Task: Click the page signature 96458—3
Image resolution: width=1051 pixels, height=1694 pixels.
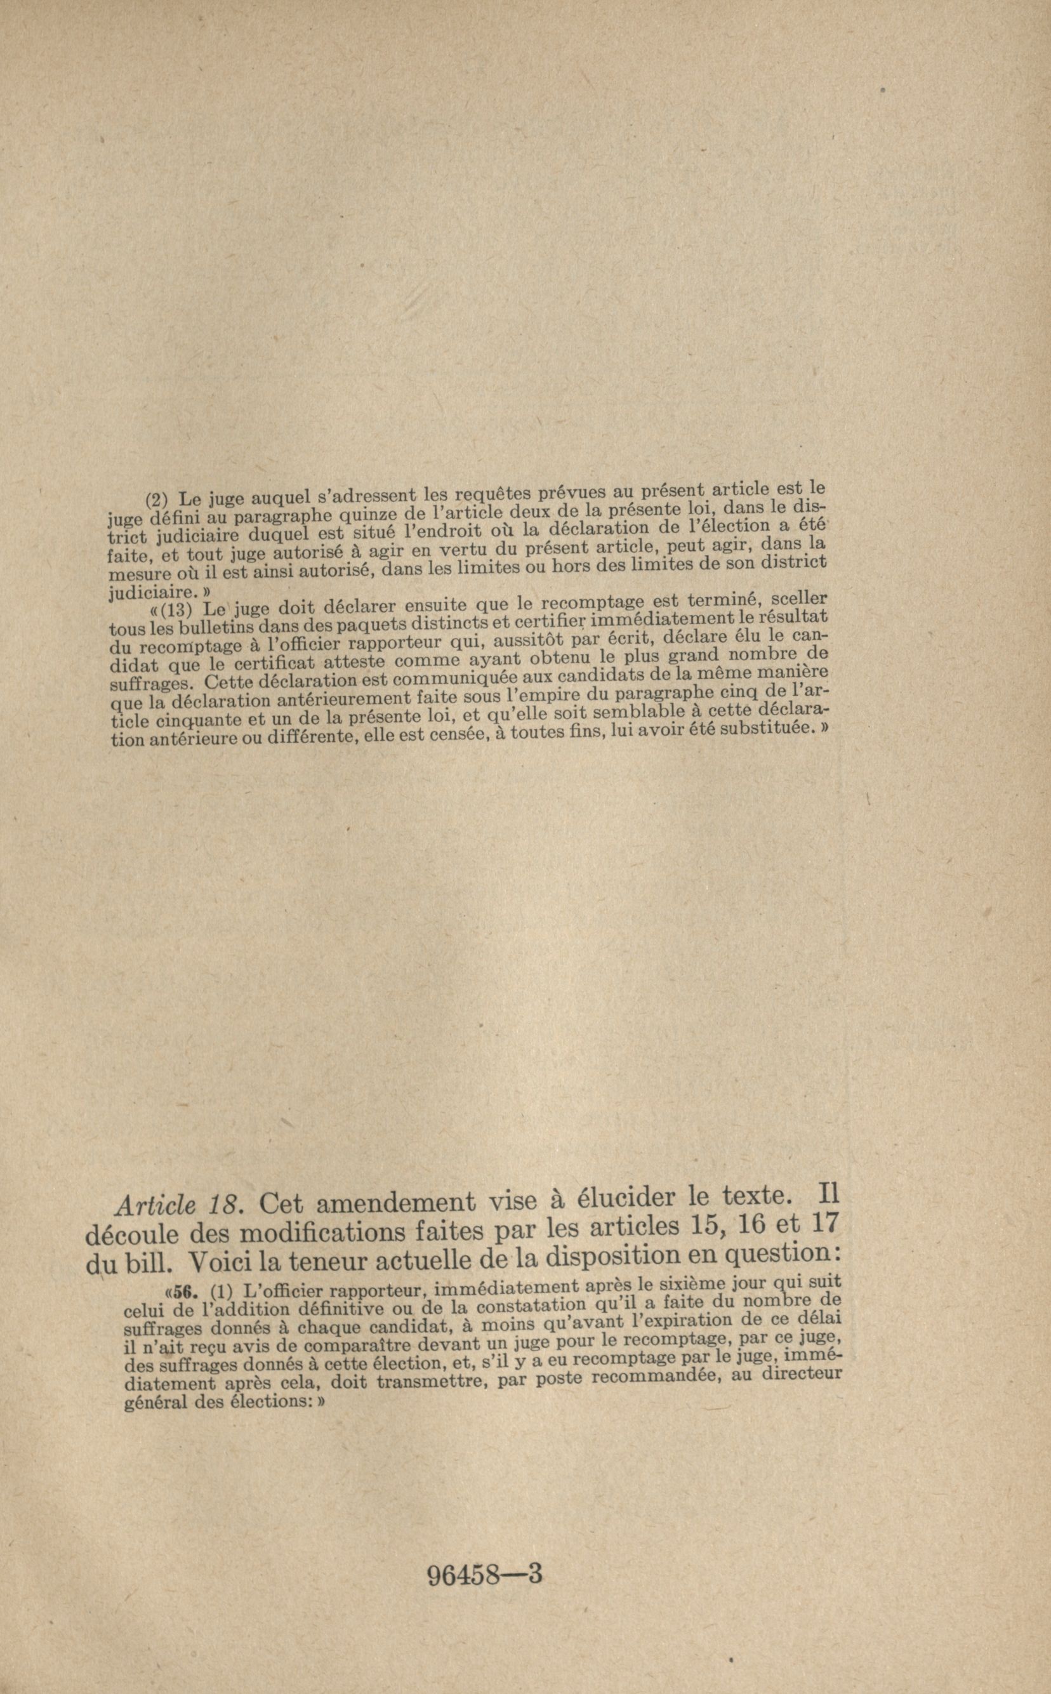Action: pos(484,1551)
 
